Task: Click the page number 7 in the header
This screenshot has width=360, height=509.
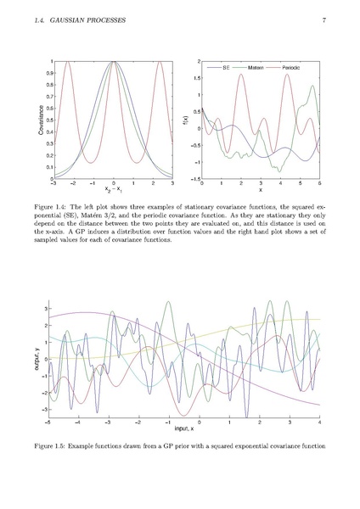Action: click(324, 20)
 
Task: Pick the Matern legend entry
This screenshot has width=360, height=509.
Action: click(250, 68)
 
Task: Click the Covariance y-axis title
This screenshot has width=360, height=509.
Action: click(41, 120)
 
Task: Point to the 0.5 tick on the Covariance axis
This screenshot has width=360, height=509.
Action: click(50, 120)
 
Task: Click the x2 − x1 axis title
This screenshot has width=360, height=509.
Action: click(114, 189)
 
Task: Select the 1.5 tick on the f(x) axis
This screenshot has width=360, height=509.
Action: click(196, 78)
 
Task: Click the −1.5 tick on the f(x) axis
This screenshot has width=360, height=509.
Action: click(195, 179)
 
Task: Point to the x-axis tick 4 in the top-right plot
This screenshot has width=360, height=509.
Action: click(280, 183)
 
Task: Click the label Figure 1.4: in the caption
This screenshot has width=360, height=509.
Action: click(51, 207)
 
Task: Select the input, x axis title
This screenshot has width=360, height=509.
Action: click(184, 428)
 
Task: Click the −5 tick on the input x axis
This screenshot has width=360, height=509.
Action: click(48, 422)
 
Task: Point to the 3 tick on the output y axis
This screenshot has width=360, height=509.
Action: click(45, 309)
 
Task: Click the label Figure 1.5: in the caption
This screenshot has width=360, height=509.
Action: click(51, 446)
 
